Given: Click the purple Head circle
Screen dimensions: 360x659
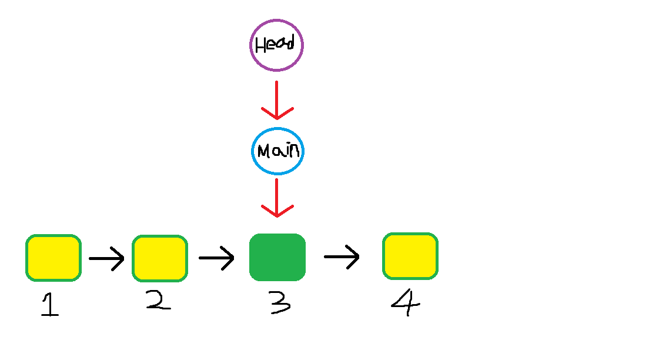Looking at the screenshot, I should pyautogui.click(x=276, y=45).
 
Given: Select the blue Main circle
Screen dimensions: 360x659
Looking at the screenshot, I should pyautogui.click(x=277, y=151).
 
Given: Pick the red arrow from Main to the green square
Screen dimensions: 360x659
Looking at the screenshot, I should pyautogui.click(x=277, y=197).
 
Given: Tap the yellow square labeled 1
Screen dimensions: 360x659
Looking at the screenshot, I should pyautogui.click(x=53, y=258).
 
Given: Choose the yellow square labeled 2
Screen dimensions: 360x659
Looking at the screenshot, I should pyautogui.click(x=160, y=258).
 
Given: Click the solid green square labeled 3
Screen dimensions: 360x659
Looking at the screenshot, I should pyautogui.click(x=277, y=257).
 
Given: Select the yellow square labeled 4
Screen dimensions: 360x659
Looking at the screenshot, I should pyautogui.click(x=410, y=256).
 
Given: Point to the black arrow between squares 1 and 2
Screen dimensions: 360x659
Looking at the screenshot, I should pyautogui.click(x=106, y=258).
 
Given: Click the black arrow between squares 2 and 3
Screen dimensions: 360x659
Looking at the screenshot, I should pyautogui.click(x=216, y=258).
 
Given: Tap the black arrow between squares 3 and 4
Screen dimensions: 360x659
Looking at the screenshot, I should pyautogui.click(x=342, y=256).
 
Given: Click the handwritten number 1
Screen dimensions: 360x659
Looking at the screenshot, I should pyautogui.click(x=51, y=305).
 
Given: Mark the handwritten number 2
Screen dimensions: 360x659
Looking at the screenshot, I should pyautogui.click(x=159, y=300).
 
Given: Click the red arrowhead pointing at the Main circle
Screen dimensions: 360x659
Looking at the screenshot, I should pyautogui.click(x=277, y=113).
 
